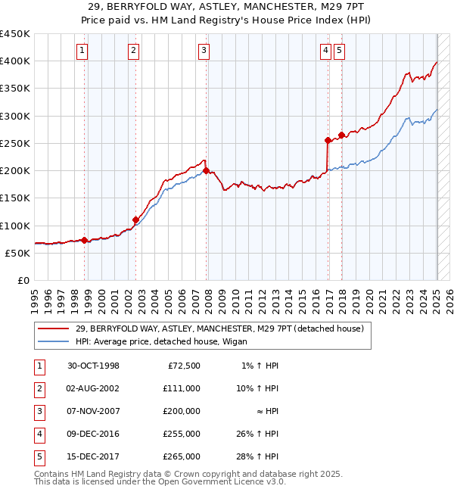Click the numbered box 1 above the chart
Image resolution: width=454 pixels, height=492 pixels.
pos(82,51)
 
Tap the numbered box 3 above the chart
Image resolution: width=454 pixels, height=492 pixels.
pos(204,51)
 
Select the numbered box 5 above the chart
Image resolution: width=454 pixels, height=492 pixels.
pos(338,51)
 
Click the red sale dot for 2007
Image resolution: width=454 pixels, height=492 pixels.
pos(206,170)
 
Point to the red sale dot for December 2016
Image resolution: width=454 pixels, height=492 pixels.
pos(328,140)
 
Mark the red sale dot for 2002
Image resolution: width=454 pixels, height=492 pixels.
pos(135,220)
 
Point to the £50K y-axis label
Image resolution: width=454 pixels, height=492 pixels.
pos(18,253)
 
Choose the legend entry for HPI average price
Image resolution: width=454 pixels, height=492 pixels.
pos(165,341)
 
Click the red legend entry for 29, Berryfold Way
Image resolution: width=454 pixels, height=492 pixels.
pos(219,329)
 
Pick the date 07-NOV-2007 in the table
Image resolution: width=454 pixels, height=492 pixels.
pos(94,410)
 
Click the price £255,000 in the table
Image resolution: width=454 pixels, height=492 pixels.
pos(182,434)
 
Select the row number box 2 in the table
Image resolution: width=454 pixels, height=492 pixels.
pos(38,388)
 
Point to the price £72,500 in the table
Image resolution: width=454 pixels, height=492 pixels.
pos(184,366)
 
